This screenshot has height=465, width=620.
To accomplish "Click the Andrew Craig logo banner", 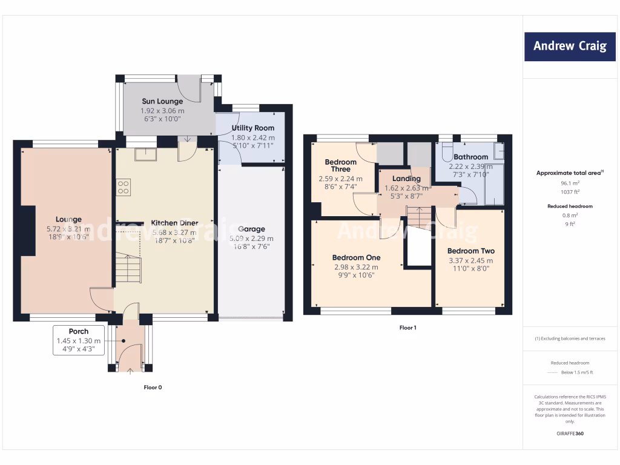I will coord(569,46).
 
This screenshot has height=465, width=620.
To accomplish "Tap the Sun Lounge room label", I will coord(162,101).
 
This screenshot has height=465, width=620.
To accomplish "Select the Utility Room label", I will coord(253,128).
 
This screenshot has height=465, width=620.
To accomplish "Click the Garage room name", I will coord(251,229).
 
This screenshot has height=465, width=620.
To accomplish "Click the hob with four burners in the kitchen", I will coord(124,187).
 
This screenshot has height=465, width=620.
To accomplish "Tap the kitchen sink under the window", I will coord(145,154).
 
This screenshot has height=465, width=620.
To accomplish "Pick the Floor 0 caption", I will coord(153,387).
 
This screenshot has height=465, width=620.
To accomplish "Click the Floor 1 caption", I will coord(407,328).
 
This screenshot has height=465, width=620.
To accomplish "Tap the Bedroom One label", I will coord(356,257).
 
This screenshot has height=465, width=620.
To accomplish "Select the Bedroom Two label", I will coord(470,251).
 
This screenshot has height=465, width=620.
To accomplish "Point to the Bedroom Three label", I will coord(341,165).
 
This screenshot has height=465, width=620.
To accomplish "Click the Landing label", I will coord(406,179).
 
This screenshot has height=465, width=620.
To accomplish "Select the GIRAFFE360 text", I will coord(570,434).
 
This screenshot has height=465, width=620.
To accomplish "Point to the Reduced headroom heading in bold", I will coord(570,206).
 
